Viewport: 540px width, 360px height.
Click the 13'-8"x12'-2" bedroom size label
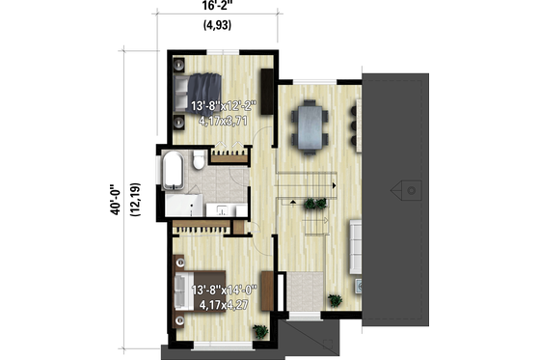[x=224, y=105]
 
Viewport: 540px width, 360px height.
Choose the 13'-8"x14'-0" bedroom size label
[x=224, y=290]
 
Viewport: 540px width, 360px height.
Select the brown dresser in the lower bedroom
[x=279, y=293]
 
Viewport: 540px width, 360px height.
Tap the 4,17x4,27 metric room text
[x=224, y=305]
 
